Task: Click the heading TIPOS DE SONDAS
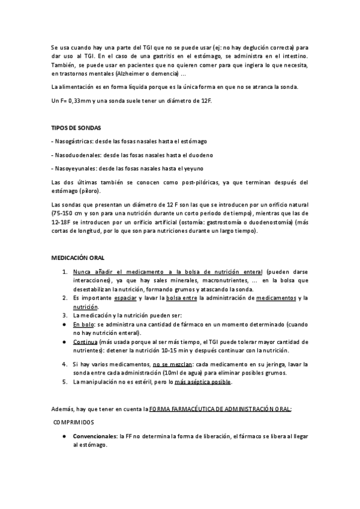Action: click(x=76, y=128)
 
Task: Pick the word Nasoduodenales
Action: click(x=75, y=155)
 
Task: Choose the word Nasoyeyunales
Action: click(x=74, y=169)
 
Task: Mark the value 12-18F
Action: click(x=62, y=222)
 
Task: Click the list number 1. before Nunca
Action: click(x=65, y=271)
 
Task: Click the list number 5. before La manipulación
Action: click(x=65, y=382)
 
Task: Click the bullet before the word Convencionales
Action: click(x=64, y=436)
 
